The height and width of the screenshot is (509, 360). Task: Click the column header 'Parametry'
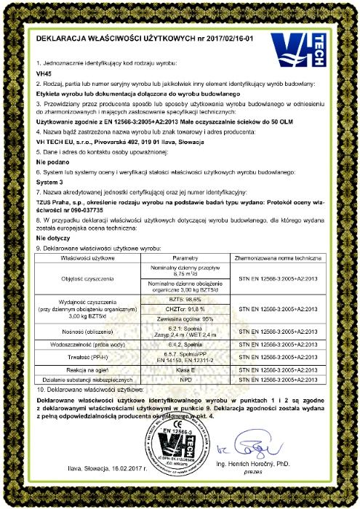coord(185,257)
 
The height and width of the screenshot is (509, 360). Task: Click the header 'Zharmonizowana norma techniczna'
coord(279,257)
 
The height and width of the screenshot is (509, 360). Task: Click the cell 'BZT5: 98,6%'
coord(185,299)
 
